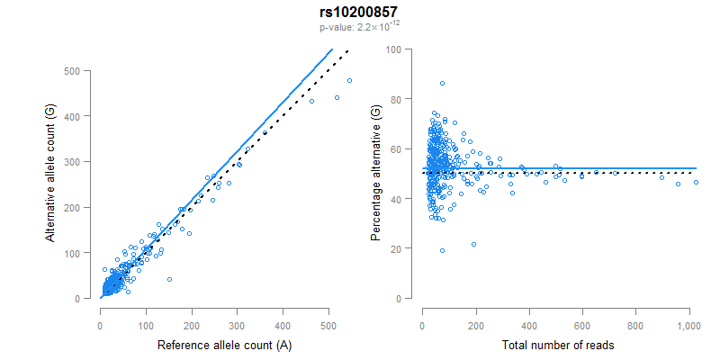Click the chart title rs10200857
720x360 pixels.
[358, 12]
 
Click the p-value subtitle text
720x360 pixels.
[358, 28]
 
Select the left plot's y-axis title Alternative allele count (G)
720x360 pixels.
[51, 184]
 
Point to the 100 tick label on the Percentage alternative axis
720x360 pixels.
[393, 49]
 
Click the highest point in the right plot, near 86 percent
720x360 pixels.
[442, 84]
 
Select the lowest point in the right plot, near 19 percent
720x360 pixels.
[442, 250]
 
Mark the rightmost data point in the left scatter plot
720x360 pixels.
[349, 81]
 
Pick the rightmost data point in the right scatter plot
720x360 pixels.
[696, 183]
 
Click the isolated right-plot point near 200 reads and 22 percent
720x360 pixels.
[473, 244]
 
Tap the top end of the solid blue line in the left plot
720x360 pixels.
[332, 49]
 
